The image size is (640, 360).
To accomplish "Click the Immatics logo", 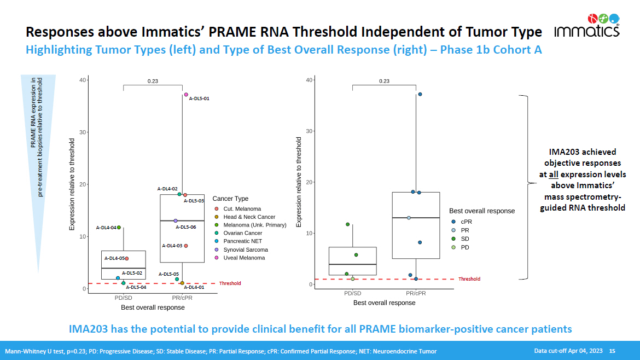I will point(587,25).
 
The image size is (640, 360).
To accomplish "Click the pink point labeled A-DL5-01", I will point(186,95).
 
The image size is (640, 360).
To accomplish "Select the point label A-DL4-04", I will point(106,228).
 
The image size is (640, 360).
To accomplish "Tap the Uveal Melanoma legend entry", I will point(243,258).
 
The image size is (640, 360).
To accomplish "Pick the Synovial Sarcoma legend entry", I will point(246,249).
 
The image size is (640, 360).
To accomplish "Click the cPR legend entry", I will point(466,222).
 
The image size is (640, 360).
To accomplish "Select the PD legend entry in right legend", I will point(466,247).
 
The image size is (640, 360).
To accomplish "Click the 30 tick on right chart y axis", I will point(309,131).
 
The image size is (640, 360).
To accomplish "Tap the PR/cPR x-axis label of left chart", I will point(182,298).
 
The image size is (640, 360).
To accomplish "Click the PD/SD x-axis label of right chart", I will point(352,293).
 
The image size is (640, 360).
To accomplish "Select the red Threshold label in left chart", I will point(230,283).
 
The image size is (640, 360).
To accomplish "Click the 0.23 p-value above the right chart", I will point(384,81).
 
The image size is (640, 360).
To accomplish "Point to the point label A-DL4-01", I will point(194,287).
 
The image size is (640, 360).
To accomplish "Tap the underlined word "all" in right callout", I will point(554,175).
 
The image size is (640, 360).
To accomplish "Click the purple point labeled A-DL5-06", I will point(176,220).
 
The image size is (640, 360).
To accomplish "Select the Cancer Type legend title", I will point(230,199).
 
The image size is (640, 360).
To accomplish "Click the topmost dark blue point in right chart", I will point(420,94).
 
